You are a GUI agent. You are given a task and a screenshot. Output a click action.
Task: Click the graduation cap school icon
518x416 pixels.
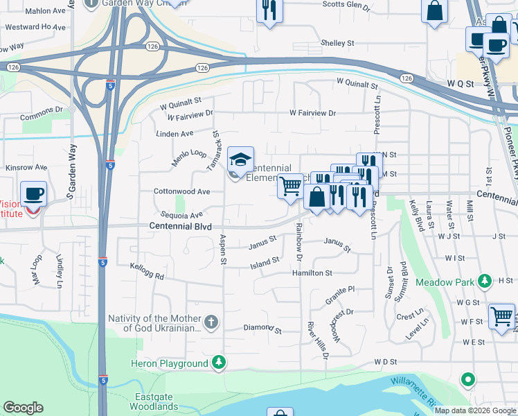point(240,161)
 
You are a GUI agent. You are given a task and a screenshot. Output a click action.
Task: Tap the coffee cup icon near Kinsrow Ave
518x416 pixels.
point(33,194)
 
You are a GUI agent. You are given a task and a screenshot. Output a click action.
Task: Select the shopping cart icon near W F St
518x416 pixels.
point(501,316)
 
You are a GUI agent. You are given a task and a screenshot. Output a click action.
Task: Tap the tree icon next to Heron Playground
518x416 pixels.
point(219,363)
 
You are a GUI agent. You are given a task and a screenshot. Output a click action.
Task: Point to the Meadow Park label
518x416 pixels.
point(443,282)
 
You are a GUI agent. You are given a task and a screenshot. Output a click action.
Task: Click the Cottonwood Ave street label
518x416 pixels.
point(181,191)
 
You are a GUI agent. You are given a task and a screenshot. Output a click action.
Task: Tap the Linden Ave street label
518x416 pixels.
point(174,133)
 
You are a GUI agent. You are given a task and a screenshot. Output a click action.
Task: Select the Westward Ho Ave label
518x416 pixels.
point(35,28)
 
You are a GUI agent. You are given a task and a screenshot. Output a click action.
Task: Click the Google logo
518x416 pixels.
point(23,408)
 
